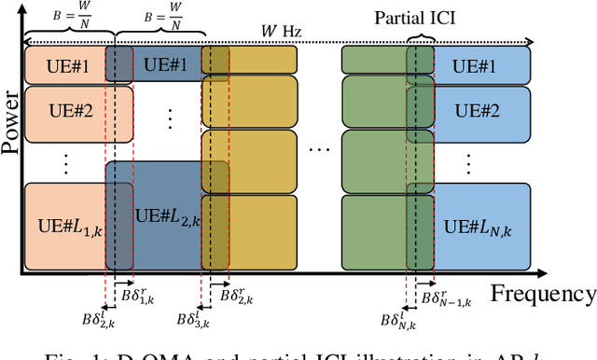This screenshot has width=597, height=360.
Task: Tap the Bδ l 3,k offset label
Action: click(x=192, y=319)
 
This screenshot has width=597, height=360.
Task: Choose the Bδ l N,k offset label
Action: click(x=396, y=319)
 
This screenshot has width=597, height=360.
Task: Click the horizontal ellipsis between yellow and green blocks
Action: click(x=319, y=149)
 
